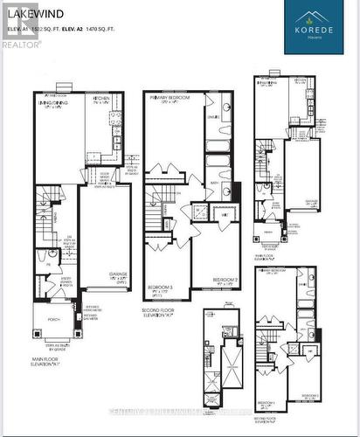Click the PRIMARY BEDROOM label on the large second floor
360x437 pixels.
(171, 100)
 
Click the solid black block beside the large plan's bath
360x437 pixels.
(236, 191)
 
